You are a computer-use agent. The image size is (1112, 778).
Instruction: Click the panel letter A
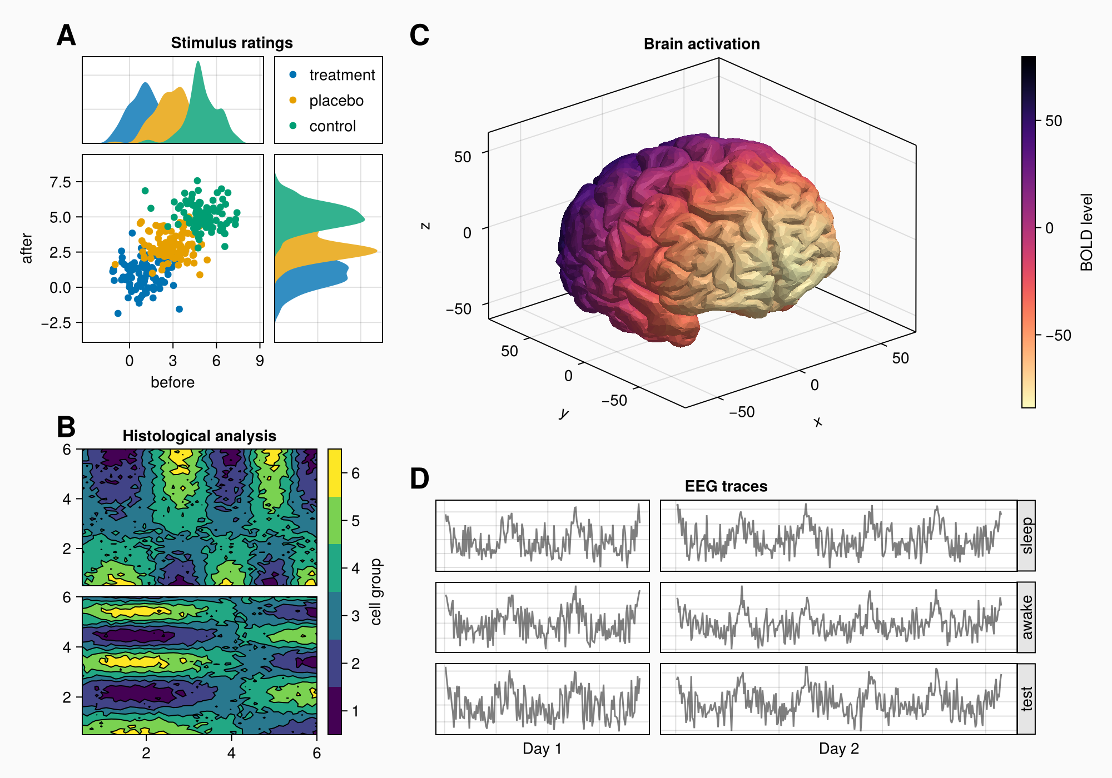pyautogui.click(x=66, y=36)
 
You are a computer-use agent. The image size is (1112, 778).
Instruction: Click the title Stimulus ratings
pyautogui.click(x=231, y=43)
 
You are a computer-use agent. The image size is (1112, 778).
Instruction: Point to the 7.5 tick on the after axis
pyautogui.click(x=60, y=182)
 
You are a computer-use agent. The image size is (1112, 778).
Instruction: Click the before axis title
pyautogui.click(x=172, y=382)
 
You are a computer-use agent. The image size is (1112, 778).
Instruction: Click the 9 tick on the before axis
pyautogui.click(x=260, y=361)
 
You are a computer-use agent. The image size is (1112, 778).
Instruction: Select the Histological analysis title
pyautogui.click(x=199, y=436)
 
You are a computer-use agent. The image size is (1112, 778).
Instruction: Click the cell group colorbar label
pyautogui.click(x=376, y=592)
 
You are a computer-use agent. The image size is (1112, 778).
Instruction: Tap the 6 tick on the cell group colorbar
pyautogui.click(x=355, y=473)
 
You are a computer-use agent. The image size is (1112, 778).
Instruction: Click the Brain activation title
pyautogui.click(x=702, y=44)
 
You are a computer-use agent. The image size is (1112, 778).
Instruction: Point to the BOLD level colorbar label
pyautogui.click(x=1086, y=232)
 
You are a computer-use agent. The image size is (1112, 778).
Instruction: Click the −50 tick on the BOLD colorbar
pyautogui.click(x=1058, y=336)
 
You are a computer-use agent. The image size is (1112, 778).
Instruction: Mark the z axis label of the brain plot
pyautogui.click(x=425, y=226)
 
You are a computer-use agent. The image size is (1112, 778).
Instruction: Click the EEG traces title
pyautogui.click(x=726, y=486)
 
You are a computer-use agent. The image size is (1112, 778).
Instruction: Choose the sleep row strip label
pyautogui.click(x=1026, y=536)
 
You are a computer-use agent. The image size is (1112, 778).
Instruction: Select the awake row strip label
pyautogui.click(x=1026, y=617)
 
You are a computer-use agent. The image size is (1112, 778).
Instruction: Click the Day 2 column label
pyautogui.click(x=838, y=749)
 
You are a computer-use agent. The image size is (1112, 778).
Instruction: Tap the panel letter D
pyautogui.click(x=419, y=479)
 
